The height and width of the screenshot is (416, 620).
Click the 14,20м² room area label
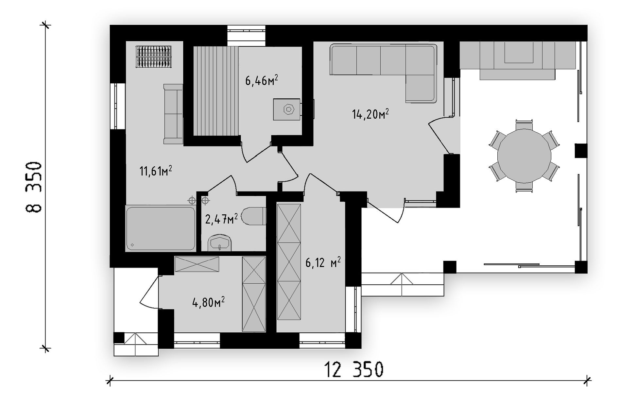coord(370,114)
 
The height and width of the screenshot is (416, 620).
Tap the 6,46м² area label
coord(262,80)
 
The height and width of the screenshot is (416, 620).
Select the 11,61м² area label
coord(156,171)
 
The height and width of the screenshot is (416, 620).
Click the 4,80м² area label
coord(209,302)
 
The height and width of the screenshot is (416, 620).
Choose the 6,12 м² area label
coord(323,262)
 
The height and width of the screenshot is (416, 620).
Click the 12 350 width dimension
coord(354,369)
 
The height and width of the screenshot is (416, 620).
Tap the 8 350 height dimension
coord(34,187)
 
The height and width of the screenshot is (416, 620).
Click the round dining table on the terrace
coord(524,156)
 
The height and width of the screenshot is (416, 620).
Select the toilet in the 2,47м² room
coord(254,216)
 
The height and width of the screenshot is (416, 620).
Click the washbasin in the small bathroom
coord(220,243)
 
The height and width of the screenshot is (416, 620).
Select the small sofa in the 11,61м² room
coord(173,114)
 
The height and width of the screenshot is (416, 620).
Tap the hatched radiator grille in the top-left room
coord(154,57)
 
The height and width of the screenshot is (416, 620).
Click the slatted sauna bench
coord(216,91)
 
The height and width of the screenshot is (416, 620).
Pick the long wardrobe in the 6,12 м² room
coord(289,262)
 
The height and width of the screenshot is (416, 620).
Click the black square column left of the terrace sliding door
coord(450,267)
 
